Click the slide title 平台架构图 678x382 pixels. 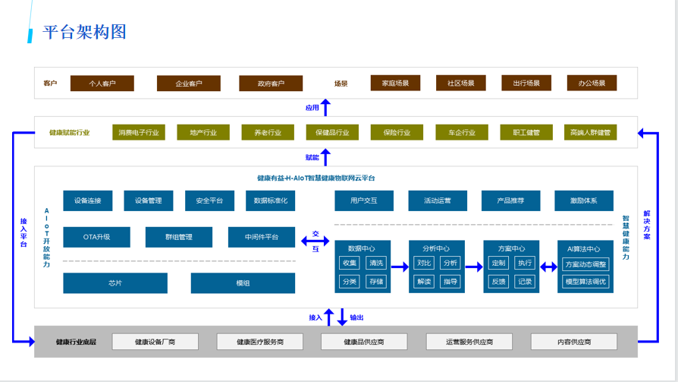(84, 32)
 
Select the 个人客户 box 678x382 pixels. (102, 84)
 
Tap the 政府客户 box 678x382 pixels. (270, 84)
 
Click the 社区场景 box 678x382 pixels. (460, 84)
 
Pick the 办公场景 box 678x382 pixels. (592, 84)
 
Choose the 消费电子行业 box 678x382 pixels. (139, 132)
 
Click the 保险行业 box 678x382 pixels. (397, 132)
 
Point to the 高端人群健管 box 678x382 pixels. (590, 132)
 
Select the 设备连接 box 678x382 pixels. (88, 200)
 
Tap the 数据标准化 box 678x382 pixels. (271, 200)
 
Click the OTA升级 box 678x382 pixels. (96, 237)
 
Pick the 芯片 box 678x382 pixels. (115, 283)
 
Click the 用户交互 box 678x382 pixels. (364, 200)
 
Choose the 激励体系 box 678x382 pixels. (584, 200)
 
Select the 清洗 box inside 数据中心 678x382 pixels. (376, 264)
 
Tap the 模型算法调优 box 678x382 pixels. (585, 281)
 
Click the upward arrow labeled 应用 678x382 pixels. (325, 108)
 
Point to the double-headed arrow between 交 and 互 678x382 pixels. (315, 242)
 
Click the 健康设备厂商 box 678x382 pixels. (155, 342)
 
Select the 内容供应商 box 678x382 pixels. (573, 342)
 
